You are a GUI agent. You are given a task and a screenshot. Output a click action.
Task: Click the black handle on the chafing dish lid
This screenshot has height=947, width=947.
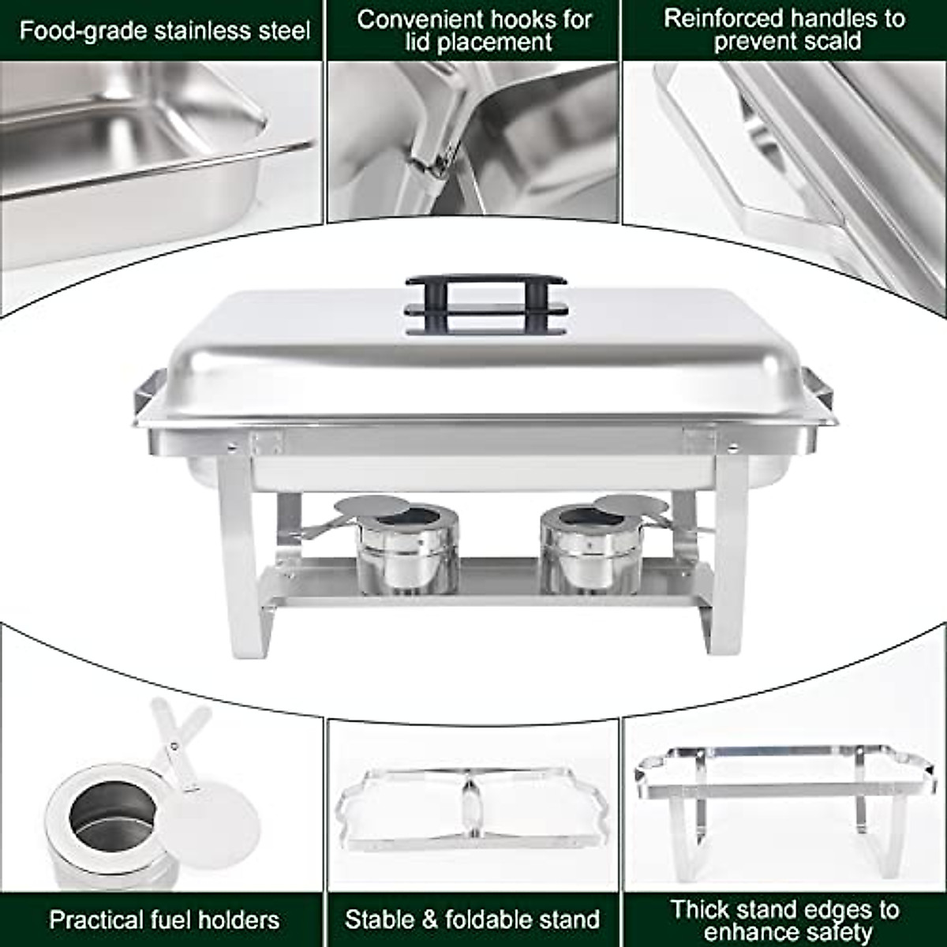click(x=485, y=304)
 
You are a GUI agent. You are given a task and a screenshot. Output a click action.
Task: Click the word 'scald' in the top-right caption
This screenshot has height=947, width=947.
click(x=829, y=42)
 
